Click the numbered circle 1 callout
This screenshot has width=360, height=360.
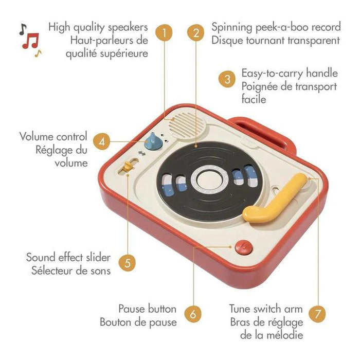[164, 33]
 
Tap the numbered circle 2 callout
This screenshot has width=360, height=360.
[196, 33]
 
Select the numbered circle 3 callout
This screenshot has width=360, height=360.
[226, 79]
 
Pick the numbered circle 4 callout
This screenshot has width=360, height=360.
[103, 141]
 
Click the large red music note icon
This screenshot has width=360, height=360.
[31, 40]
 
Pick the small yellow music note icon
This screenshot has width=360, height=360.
[38, 52]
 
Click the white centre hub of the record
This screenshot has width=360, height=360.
[209, 180]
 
